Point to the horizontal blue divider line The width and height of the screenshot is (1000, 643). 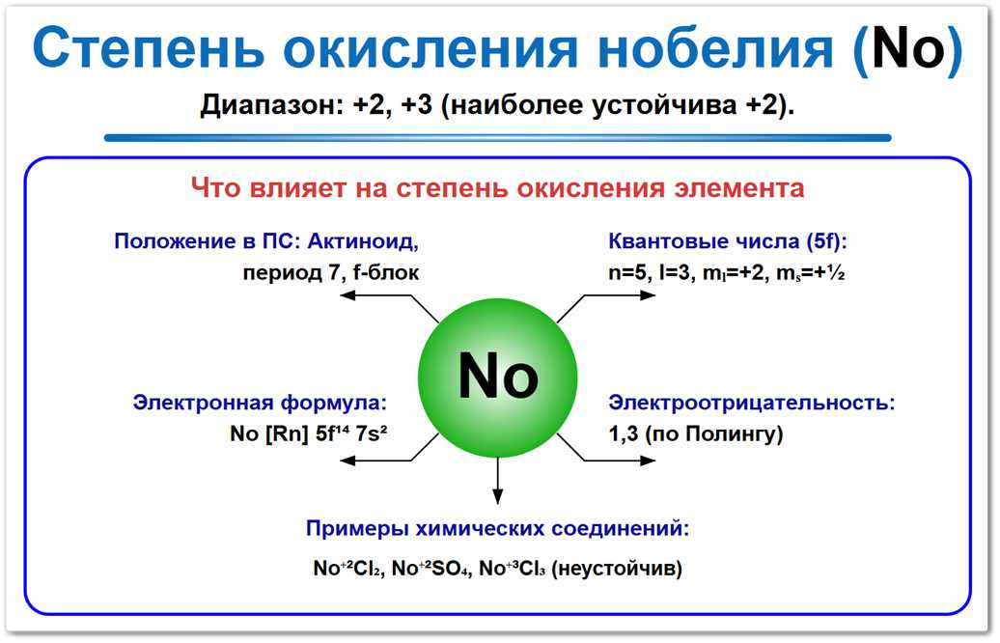pos(497,138)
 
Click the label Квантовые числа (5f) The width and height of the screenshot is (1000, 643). pos(727,241)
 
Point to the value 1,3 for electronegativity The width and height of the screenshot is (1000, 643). pos(623,434)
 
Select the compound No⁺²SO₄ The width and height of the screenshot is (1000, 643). pos(433,569)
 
